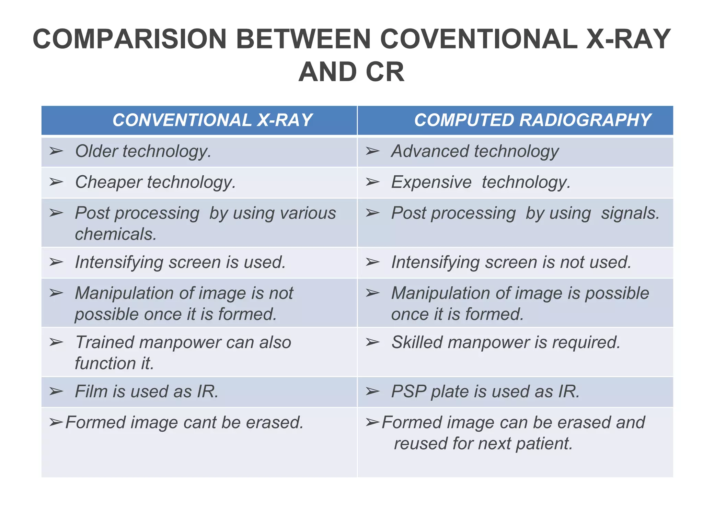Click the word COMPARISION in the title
129,39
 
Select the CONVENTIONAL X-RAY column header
212,120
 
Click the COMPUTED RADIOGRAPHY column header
532,120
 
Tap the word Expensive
431,182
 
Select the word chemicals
116,234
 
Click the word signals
630,213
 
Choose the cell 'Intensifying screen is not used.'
511,262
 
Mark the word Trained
104,342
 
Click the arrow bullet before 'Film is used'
56,391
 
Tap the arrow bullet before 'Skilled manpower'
372,342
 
